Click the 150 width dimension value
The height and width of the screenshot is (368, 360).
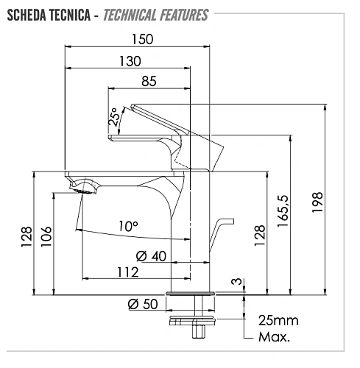[142, 39]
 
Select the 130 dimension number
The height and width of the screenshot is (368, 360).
[130, 61]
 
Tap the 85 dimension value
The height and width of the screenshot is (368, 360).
[149, 81]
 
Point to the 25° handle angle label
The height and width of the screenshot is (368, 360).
[114, 117]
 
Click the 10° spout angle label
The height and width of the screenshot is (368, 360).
[128, 226]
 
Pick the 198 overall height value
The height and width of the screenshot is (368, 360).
[317, 202]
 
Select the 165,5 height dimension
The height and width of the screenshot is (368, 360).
[283, 211]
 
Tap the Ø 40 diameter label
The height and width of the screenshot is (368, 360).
[151, 256]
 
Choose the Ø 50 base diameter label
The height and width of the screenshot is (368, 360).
[143, 304]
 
